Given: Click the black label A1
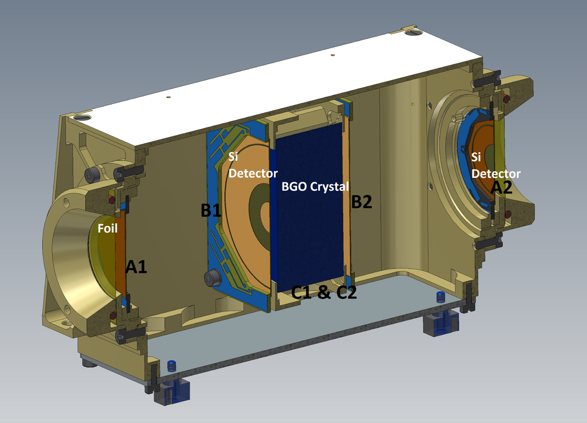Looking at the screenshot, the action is [136, 267].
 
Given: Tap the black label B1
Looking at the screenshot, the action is [211, 210].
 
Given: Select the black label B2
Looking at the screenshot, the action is [361, 202].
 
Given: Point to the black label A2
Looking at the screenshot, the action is [501, 188].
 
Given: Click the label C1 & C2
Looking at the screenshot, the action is [324, 292].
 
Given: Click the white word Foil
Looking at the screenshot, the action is [108, 229].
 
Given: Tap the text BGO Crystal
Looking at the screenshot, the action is [315, 187].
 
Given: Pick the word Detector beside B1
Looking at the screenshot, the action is [253, 173].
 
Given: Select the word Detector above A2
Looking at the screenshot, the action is [496, 174].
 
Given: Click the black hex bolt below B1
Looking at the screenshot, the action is [212, 278].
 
